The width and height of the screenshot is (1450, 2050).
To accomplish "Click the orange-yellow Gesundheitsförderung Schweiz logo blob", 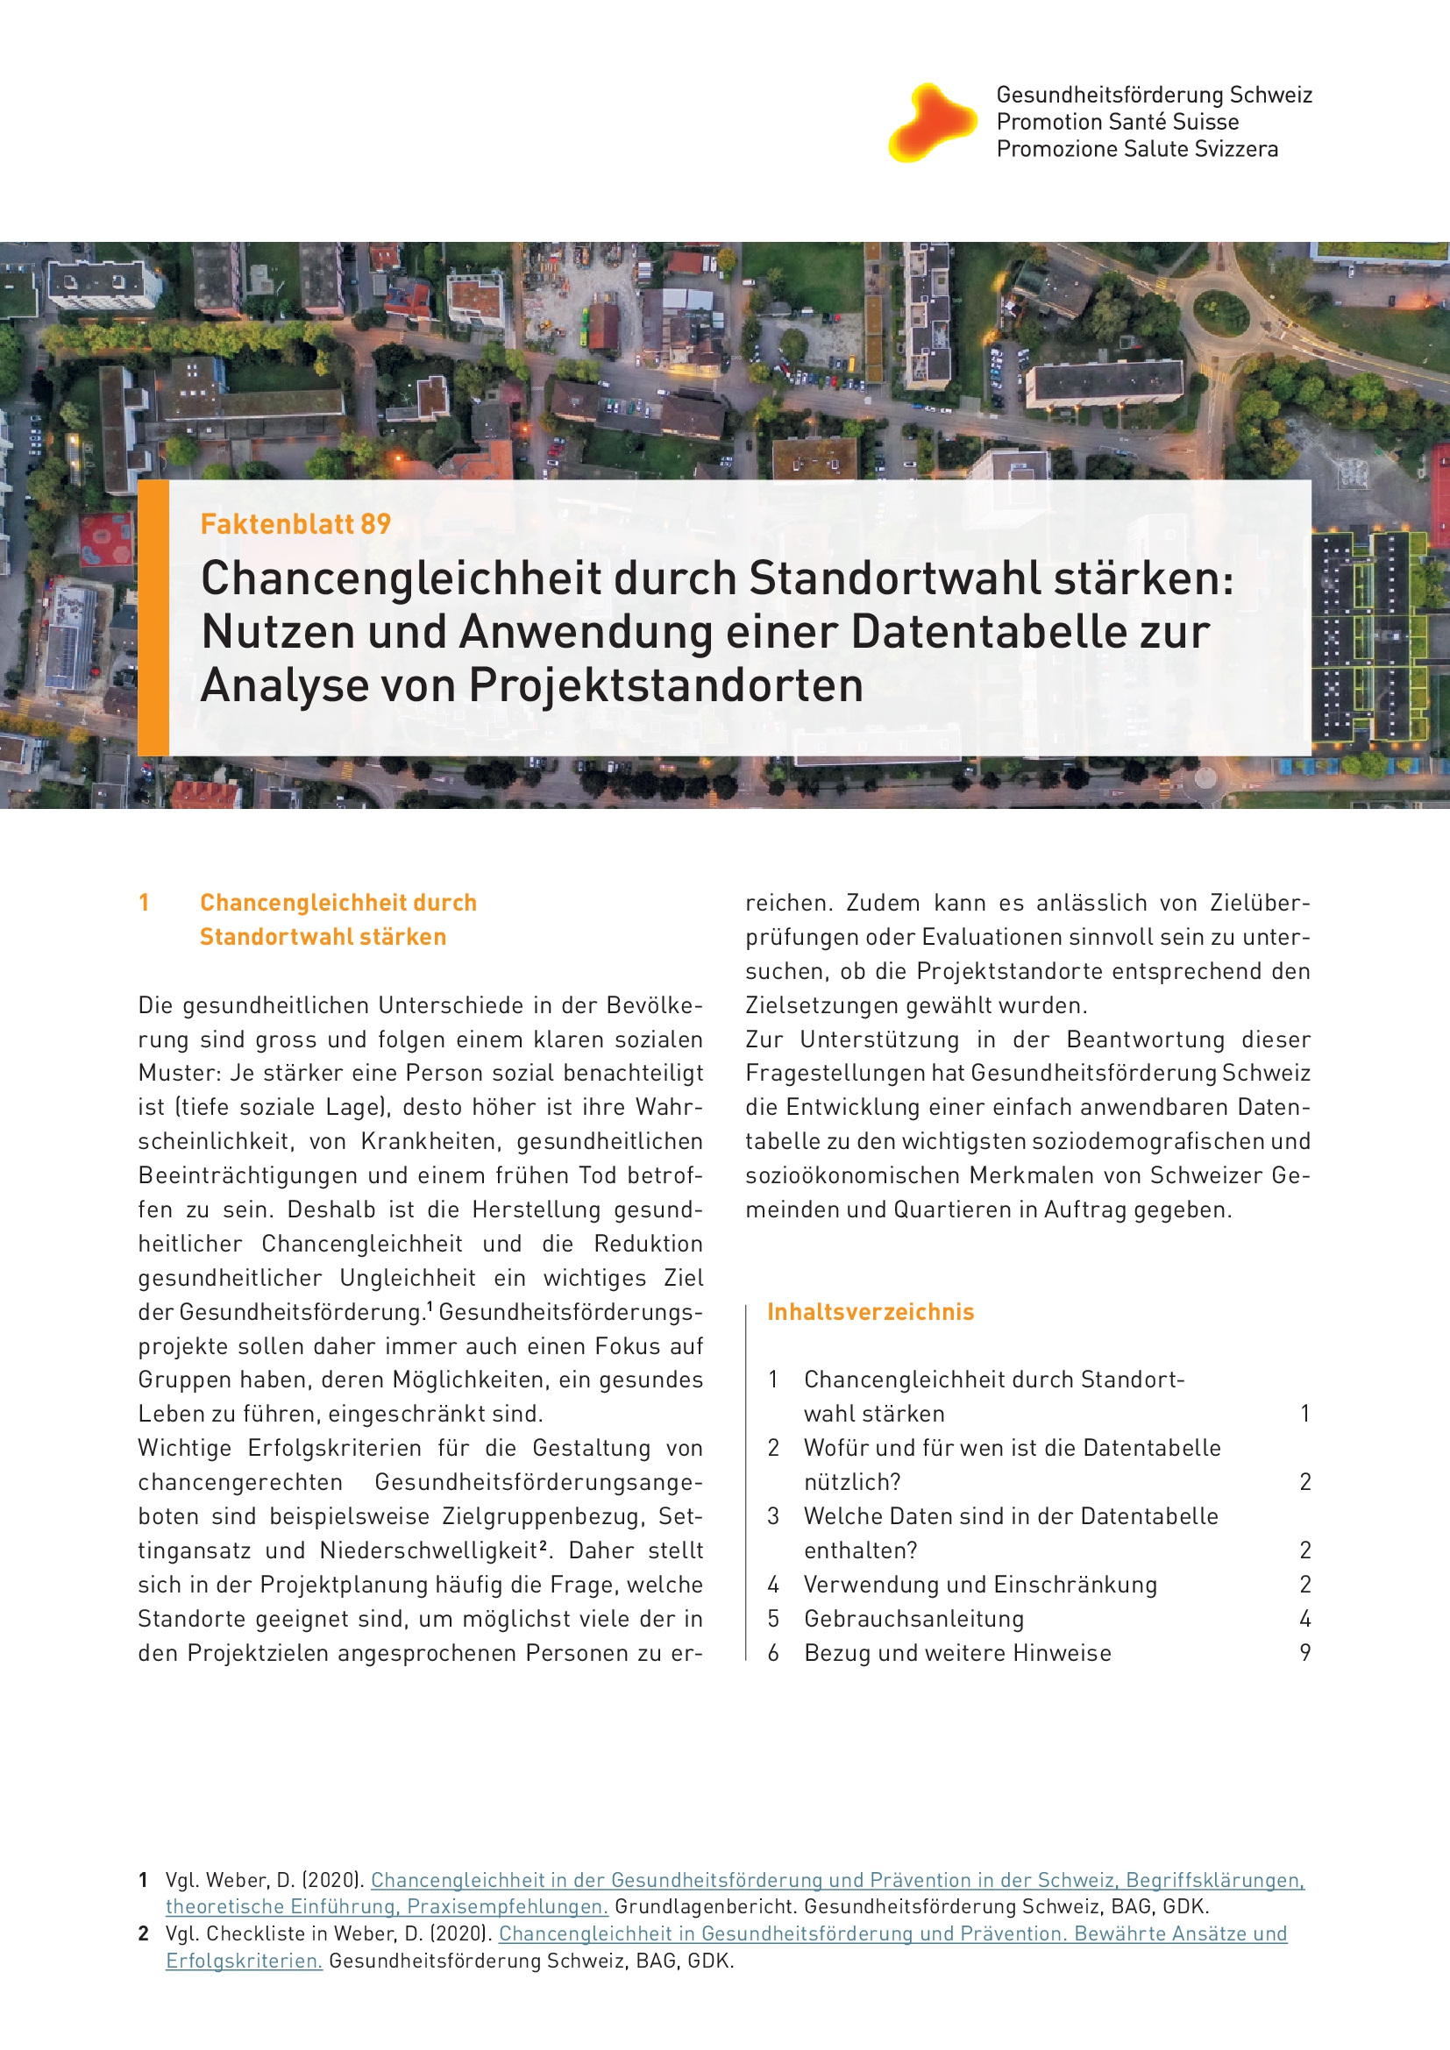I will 931,123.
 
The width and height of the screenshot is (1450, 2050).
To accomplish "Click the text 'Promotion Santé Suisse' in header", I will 1117,122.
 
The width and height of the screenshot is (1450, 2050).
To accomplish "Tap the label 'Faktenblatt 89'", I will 295,524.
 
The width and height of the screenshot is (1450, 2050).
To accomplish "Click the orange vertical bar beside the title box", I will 153,617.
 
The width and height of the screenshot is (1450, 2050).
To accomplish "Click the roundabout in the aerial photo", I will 1220,313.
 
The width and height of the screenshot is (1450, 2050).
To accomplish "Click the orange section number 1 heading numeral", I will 144,903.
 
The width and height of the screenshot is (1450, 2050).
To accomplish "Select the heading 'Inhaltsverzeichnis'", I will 870,1312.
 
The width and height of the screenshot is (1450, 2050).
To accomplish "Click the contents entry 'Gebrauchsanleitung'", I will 913,1619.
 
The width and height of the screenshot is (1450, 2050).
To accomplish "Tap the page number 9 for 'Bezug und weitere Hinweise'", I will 1304,1653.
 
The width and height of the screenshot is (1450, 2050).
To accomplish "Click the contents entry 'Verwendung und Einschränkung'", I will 979,1585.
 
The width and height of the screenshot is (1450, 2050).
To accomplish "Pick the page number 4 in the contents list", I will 1304,1619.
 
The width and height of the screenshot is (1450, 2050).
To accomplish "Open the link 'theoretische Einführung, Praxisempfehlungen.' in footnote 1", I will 387,1906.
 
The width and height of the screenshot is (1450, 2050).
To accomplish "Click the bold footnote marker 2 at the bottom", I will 144,1934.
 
